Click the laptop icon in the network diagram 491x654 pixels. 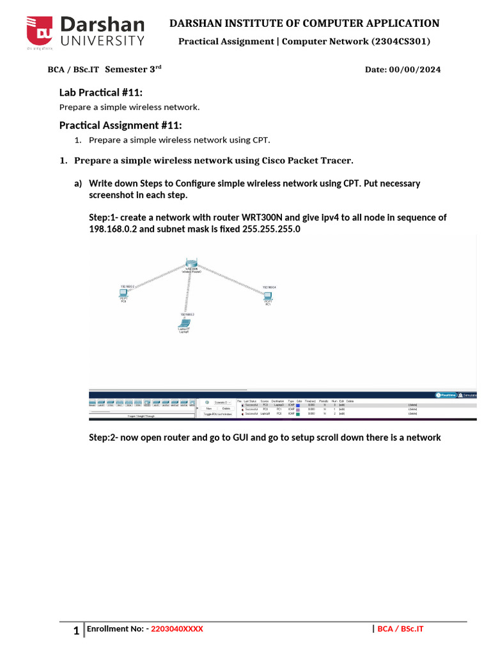[183, 324]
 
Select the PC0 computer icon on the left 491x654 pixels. [123, 294]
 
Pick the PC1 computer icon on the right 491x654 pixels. [268, 296]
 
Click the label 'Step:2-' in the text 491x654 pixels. [104, 437]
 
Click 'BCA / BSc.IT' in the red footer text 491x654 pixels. [400, 629]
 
